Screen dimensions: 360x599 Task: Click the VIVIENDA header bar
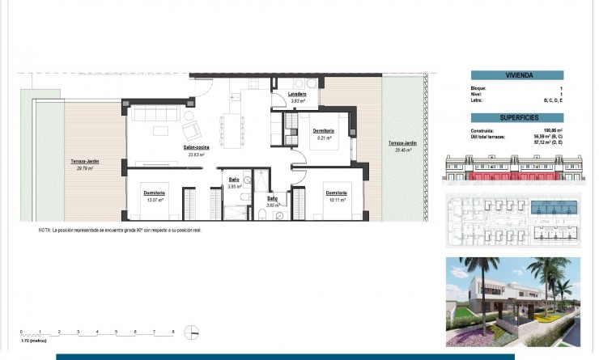coord(518,75)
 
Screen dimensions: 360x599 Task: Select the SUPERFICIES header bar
coord(518,118)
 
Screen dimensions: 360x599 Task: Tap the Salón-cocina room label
coord(197,147)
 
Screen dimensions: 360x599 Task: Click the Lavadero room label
coord(297,95)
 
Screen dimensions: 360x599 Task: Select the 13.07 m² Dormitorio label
coord(154,193)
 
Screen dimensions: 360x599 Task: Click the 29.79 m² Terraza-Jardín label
coord(84,163)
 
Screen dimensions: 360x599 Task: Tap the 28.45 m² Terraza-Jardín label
coord(402,144)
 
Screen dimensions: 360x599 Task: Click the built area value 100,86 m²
coord(553,130)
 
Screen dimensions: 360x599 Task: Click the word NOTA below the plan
coord(44,231)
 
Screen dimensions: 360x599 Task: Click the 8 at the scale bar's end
coord(173,332)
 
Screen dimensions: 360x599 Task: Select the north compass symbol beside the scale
coord(191,332)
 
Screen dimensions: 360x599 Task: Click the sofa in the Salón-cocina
coord(152,112)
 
